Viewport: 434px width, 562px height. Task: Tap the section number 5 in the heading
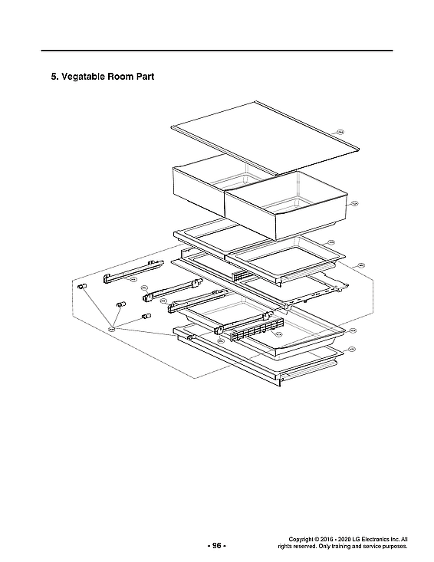[54, 77]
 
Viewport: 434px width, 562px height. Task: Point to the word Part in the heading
[162, 77]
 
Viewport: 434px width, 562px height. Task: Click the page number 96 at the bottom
[216, 545]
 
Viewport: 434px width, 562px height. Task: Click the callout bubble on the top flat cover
[341, 132]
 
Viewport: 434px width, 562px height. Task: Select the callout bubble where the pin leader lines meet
[111, 328]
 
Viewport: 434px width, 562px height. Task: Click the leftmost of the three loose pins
[81, 285]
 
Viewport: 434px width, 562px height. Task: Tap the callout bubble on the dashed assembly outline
[360, 265]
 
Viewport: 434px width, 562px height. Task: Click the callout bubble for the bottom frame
[351, 350]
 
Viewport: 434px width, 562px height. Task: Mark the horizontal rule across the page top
[217, 51]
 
